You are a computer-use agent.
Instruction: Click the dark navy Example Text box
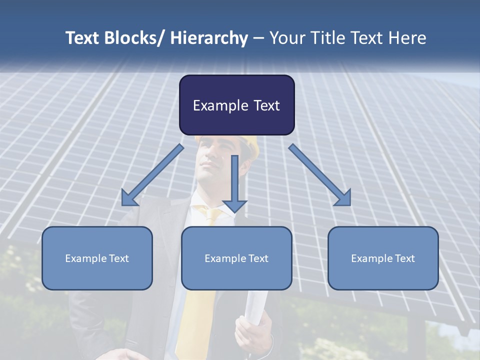point(236,105)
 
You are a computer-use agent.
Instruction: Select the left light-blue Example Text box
point(97,258)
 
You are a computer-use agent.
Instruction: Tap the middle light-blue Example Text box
point(236,258)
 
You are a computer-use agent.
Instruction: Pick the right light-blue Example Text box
point(383,258)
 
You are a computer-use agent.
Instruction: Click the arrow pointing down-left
point(153,175)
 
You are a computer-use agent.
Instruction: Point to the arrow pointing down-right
point(320,175)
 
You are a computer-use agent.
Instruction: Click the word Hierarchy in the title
point(209,38)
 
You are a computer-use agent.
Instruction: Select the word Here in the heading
point(407,38)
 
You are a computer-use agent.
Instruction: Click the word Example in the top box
point(214,105)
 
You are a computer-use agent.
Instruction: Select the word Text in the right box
point(405,258)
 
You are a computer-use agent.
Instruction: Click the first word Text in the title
point(82,38)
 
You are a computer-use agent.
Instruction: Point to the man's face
point(212,165)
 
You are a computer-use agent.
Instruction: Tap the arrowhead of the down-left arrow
point(129,198)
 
